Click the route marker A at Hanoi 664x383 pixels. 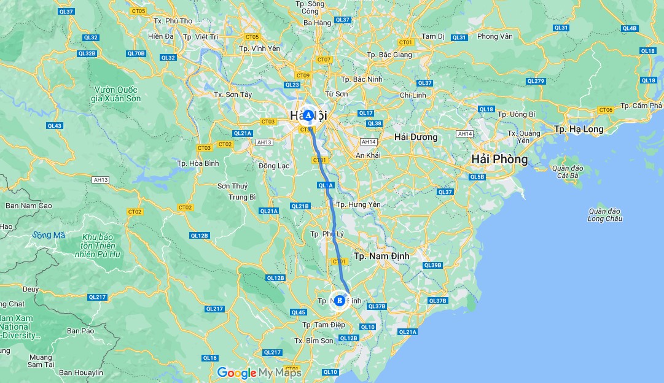coord(308,115)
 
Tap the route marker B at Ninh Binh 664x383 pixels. coord(339,300)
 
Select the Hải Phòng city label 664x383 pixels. coord(499,160)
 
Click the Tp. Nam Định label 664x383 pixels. coord(381,255)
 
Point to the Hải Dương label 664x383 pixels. coord(416,137)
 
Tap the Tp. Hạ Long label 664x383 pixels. coord(578,129)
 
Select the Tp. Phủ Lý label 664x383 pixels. coord(327,234)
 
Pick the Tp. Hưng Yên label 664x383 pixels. coord(359,204)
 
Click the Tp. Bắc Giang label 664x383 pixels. coord(390,55)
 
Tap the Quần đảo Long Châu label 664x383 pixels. coord(605,215)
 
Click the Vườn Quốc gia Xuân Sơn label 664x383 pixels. coord(115,94)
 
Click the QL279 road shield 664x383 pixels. coord(536,81)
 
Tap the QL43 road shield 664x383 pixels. coord(55,126)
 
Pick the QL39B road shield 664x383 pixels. coord(432,265)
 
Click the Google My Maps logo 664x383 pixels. coord(259,373)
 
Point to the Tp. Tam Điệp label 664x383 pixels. coord(319,325)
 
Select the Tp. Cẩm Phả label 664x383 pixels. coord(641,106)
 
